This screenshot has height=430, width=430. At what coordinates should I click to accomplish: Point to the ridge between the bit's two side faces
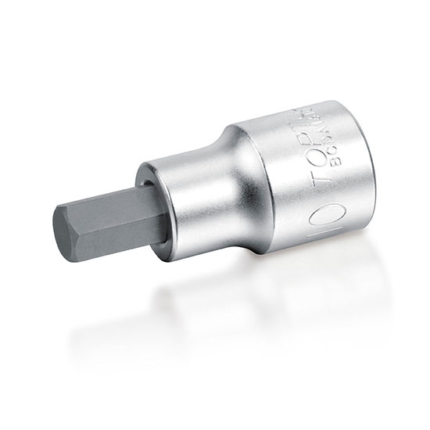click(109, 220)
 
